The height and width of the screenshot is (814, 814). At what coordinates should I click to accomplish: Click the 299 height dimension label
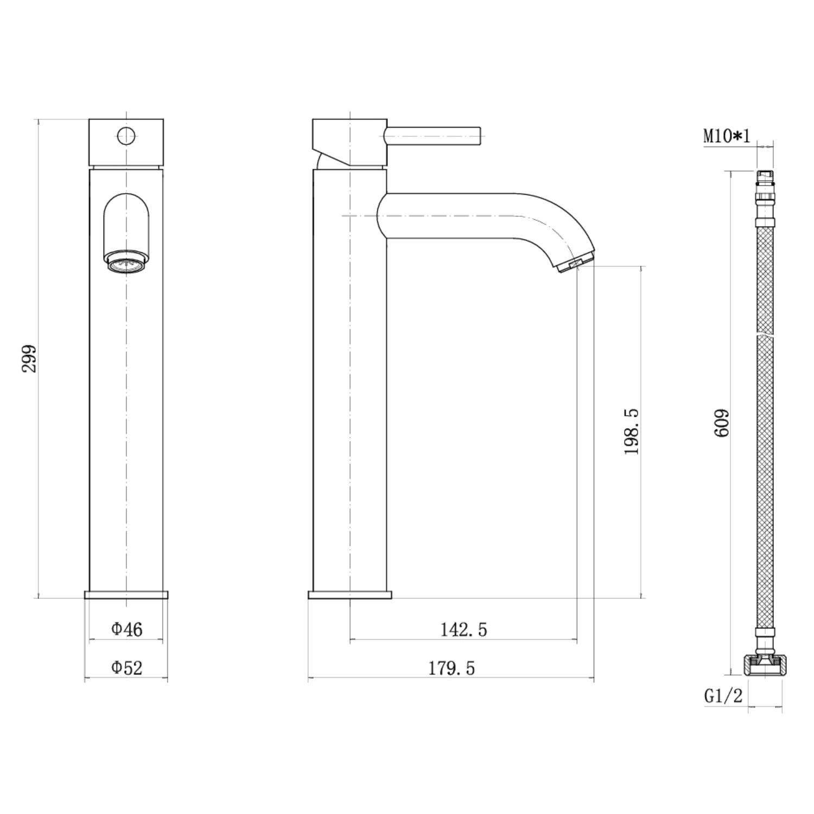29,358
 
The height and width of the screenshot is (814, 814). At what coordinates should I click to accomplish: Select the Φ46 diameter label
127,629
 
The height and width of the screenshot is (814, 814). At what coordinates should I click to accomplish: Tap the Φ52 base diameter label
127,667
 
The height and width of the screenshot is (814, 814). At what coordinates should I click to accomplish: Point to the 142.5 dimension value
463,629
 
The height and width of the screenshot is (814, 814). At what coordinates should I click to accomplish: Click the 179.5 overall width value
451,668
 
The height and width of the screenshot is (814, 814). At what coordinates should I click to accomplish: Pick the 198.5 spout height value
632,432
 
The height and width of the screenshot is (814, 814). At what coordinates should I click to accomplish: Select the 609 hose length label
722,423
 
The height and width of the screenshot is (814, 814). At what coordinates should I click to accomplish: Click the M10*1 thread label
727,136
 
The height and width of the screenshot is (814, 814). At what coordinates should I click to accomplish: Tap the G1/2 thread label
723,695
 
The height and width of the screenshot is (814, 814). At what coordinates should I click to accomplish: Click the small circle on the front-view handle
126,136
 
